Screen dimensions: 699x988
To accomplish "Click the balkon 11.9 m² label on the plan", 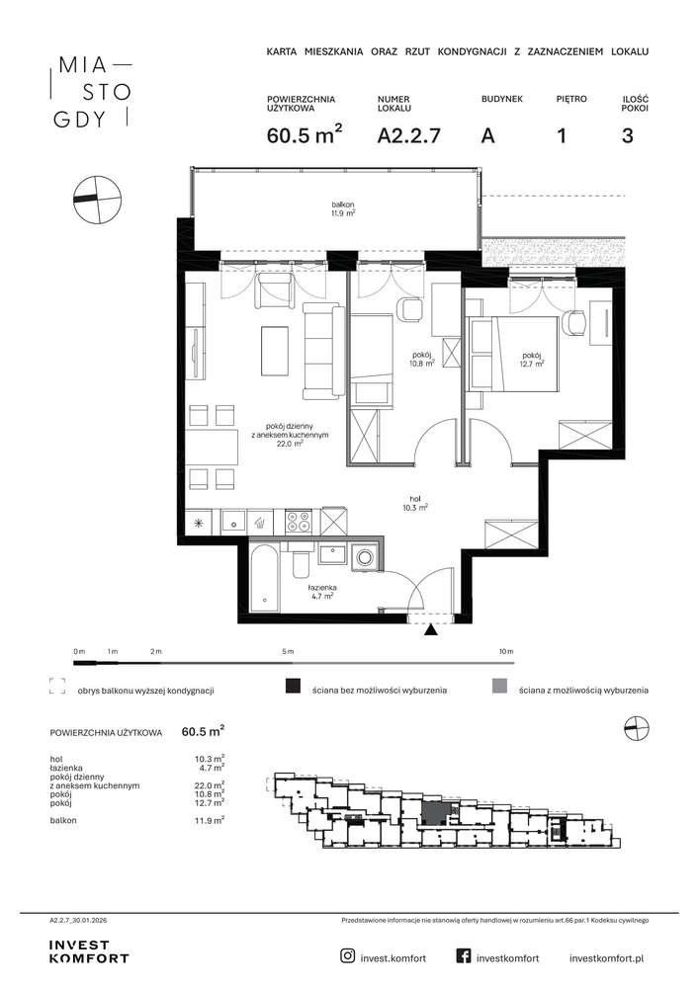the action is [x=343, y=208].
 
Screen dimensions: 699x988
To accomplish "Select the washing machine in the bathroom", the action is [x=365, y=556].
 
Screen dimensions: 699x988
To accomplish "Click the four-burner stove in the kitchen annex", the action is [x=299, y=522].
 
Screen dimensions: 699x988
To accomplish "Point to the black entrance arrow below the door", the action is [x=431, y=630].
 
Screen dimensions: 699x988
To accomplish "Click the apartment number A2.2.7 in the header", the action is [x=408, y=135].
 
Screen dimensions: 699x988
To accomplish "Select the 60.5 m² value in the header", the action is [x=306, y=134].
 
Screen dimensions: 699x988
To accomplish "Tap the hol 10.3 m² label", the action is [x=415, y=503].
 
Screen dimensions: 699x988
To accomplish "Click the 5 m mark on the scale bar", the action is [x=288, y=651].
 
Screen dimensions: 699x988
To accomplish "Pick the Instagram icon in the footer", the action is [x=347, y=956].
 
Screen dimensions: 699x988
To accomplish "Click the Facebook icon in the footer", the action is [x=464, y=956].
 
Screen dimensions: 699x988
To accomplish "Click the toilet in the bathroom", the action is [x=300, y=561].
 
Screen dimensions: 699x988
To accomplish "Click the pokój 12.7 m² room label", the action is [x=531, y=359].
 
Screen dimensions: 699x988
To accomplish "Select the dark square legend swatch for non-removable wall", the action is [x=293, y=686].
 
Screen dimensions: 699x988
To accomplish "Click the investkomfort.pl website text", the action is [x=606, y=958].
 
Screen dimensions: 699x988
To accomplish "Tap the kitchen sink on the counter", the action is [x=233, y=522].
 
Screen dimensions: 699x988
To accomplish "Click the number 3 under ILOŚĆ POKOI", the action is [x=627, y=135].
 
